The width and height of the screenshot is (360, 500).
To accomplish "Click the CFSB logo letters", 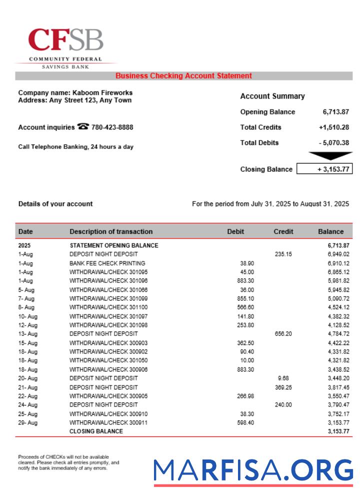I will point(65,40).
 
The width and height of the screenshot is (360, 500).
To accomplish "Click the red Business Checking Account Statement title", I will point(183,76).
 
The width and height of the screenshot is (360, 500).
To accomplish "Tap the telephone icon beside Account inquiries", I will point(83,127).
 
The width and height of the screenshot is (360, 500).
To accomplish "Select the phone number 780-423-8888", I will point(112,127).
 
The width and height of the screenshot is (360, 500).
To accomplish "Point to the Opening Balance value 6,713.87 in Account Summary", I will point(336,112).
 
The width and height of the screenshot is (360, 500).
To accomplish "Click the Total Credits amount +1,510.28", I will point(333,127).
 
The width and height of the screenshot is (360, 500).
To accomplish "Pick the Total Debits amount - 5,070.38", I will point(333,143).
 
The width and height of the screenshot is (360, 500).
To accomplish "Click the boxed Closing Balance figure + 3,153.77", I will point(324,169).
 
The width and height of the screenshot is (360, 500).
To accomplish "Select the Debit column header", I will point(235,231).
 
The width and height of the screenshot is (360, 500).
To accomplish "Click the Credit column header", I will point(283,231).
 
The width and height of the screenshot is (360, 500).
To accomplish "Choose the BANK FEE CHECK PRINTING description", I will point(107,263).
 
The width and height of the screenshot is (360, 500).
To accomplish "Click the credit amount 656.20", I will point(283,333).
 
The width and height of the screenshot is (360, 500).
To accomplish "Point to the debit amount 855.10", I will point(245,298).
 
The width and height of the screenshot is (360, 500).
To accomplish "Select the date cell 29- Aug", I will point(28,423).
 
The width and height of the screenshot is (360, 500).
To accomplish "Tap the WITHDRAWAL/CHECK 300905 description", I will point(108,396).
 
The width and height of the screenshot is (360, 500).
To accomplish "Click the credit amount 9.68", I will point(283,378).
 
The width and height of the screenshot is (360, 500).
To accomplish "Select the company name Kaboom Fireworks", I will point(102,92).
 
